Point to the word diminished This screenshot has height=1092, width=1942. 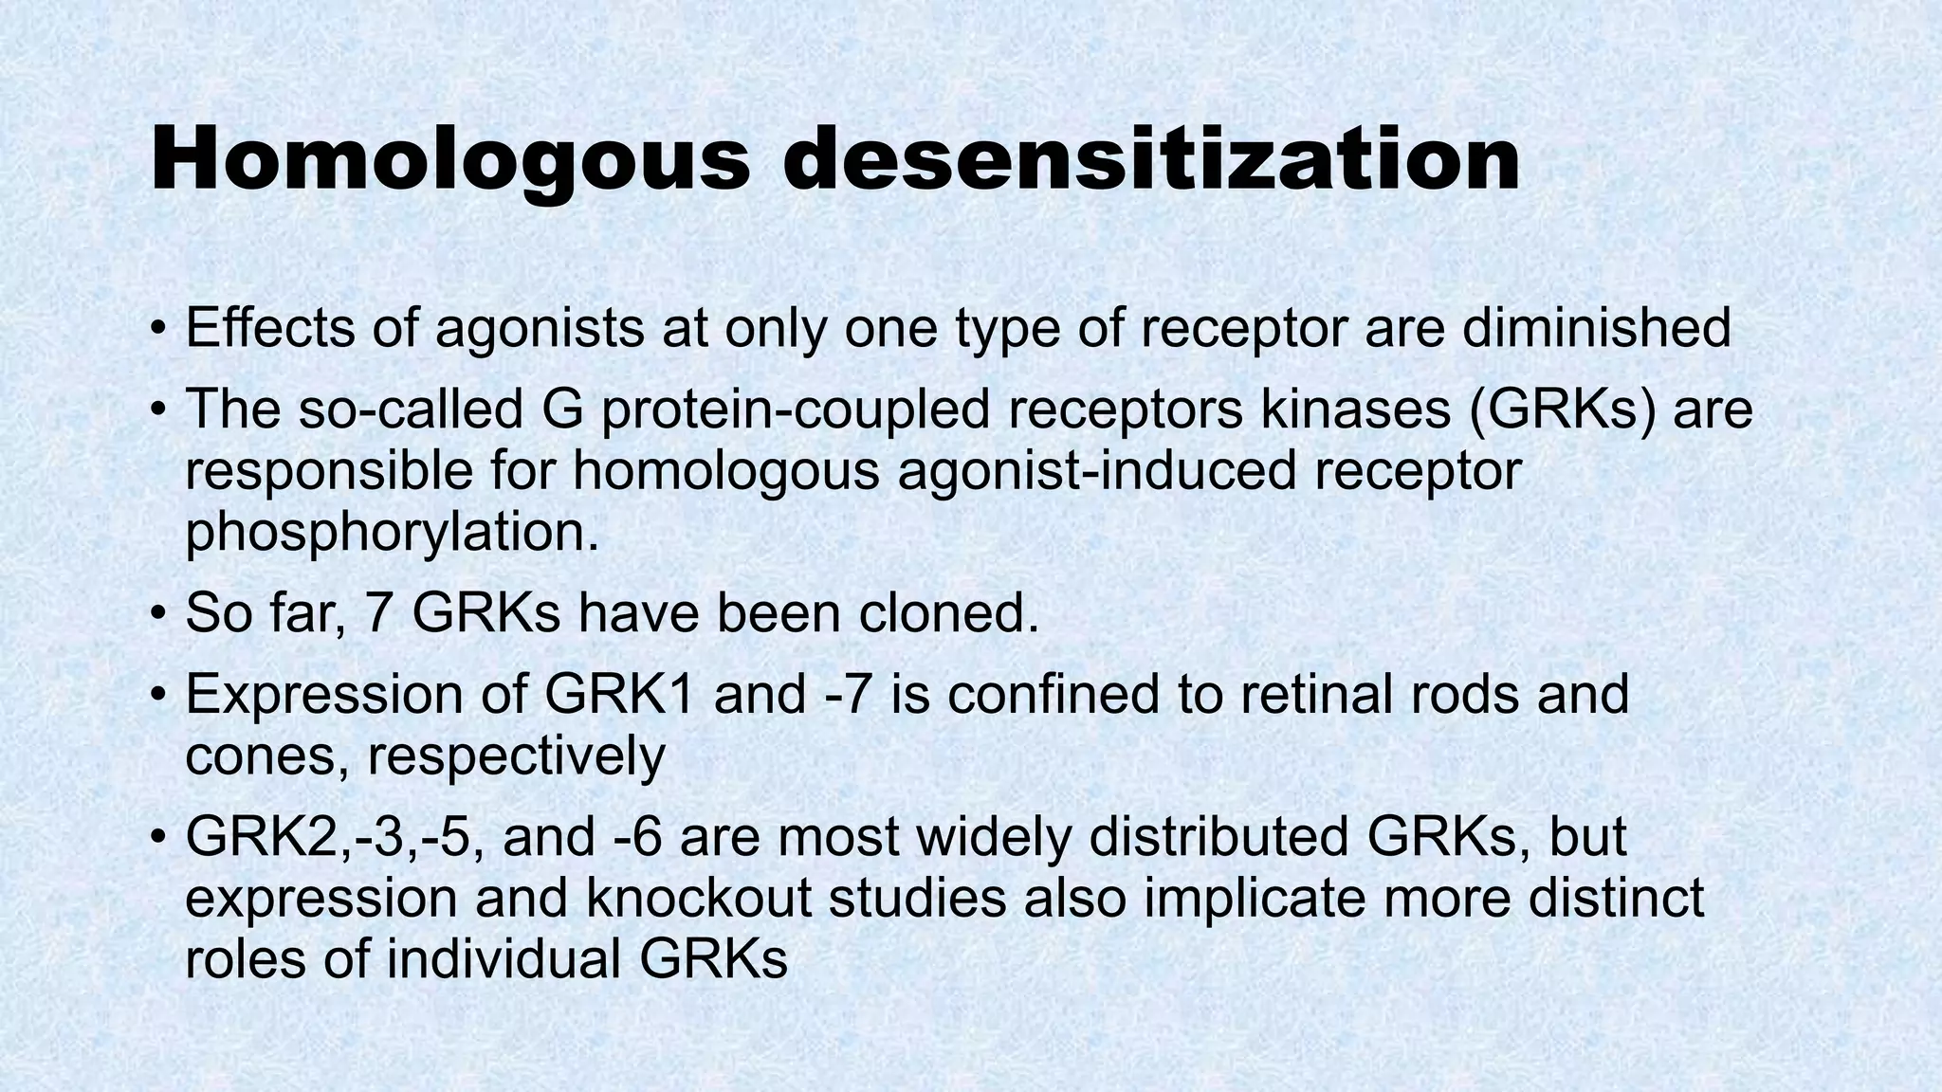click(1597, 328)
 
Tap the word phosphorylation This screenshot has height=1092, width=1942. click(393, 533)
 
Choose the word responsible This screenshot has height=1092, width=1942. click(328, 471)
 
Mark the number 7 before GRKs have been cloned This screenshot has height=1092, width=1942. click(379, 613)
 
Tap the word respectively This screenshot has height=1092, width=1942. click(516, 755)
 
